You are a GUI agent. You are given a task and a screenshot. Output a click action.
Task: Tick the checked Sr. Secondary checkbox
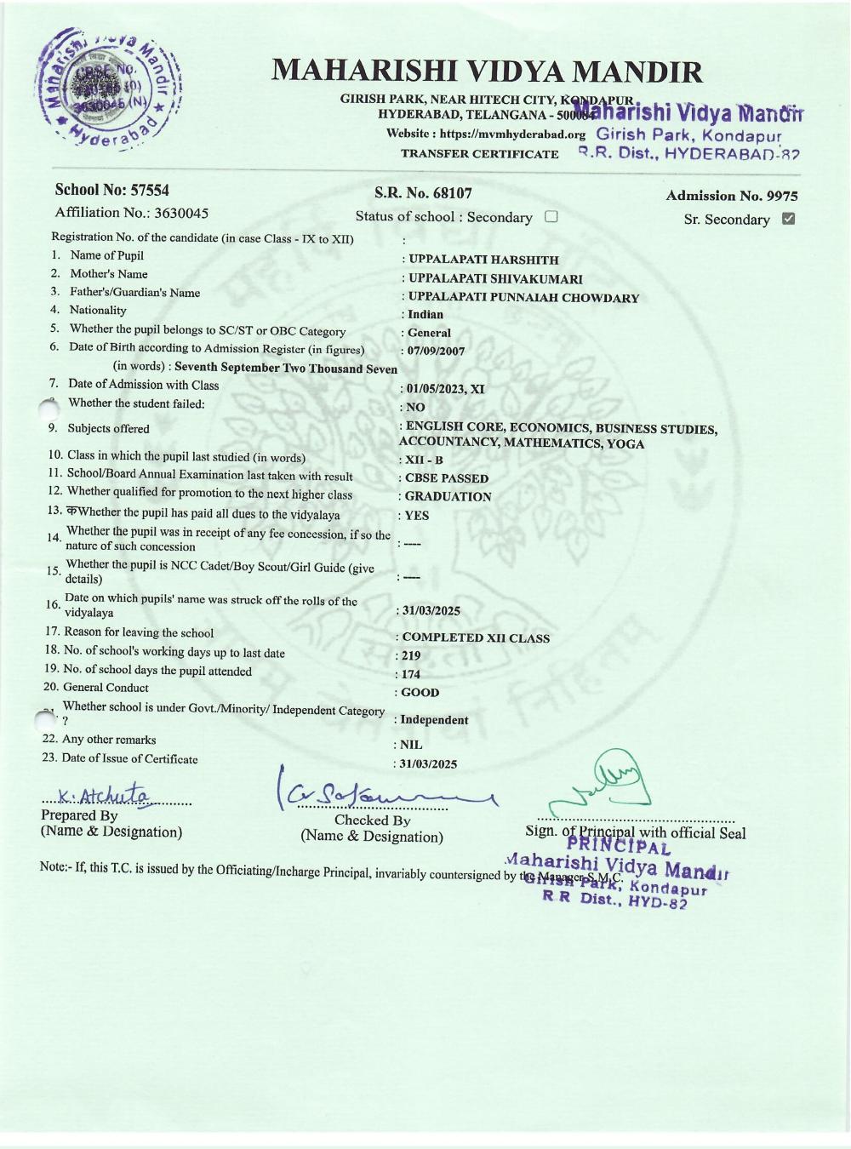click(x=788, y=219)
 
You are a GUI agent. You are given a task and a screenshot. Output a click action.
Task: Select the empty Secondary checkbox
click(x=551, y=216)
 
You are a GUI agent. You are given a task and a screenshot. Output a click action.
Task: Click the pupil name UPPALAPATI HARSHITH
click(x=483, y=260)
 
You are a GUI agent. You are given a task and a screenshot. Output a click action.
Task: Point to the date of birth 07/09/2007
click(x=436, y=351)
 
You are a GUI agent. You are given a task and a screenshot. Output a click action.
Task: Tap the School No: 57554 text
click(x=111, y=190)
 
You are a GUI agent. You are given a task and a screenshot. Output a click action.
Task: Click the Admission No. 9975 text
click(x=732, y=196)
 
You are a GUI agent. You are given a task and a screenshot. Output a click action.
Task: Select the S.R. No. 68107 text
click(x=423, y=193)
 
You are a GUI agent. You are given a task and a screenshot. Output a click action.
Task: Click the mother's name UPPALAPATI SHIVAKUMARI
click(x=495, y=279)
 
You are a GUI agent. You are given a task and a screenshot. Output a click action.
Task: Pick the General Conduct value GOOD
click(x=420, y=693)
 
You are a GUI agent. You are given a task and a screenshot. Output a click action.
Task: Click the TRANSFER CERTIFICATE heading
click(x=480, y=154)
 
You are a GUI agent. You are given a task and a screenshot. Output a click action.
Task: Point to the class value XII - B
click(x=424, y=460)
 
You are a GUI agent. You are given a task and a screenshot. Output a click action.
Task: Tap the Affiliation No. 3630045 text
click(x=131, y=213)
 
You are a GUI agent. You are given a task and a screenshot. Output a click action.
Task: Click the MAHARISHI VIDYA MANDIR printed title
click(x=487, y=71)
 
